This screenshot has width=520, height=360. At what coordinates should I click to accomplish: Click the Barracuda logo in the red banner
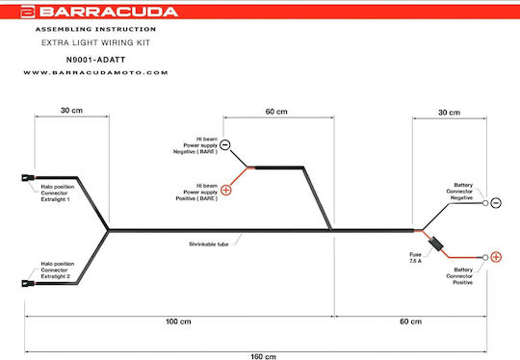click(99, 12)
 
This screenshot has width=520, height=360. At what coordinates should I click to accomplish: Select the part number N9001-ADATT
click(96, 60)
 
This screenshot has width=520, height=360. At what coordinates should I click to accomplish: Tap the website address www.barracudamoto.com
click(95, 72)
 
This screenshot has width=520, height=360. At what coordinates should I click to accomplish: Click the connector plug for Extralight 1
click(28, 178)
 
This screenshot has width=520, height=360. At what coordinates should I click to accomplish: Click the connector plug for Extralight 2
click(28, 283)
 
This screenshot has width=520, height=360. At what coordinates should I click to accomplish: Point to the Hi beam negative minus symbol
click(224, 144)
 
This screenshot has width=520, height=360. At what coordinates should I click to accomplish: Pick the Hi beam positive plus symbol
click(226, 190)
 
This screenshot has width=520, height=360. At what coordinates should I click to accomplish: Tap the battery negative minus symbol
click(496, 203)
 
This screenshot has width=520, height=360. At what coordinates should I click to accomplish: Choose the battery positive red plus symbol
click(496, 257)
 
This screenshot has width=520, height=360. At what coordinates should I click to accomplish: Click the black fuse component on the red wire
click(436, 244)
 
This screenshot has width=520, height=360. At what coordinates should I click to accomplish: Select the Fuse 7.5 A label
click(415, 258)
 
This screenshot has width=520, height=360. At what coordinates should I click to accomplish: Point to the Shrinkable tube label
click(209, 244)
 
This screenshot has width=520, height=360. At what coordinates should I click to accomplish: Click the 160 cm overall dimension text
click(263, 357)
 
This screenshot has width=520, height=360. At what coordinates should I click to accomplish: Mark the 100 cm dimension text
click(178, 321)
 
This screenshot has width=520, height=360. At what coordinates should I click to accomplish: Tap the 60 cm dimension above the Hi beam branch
click(276, 112)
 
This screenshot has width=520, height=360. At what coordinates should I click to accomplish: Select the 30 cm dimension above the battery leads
click(449, 113)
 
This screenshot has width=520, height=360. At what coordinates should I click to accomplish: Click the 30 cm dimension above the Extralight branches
click(71, 111)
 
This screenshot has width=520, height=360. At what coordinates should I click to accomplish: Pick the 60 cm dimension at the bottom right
click(410, 321)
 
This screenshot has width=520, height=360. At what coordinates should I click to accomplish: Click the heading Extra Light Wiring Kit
click(96, 42)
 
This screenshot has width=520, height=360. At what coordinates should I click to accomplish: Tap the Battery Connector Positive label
click(460, 276)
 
